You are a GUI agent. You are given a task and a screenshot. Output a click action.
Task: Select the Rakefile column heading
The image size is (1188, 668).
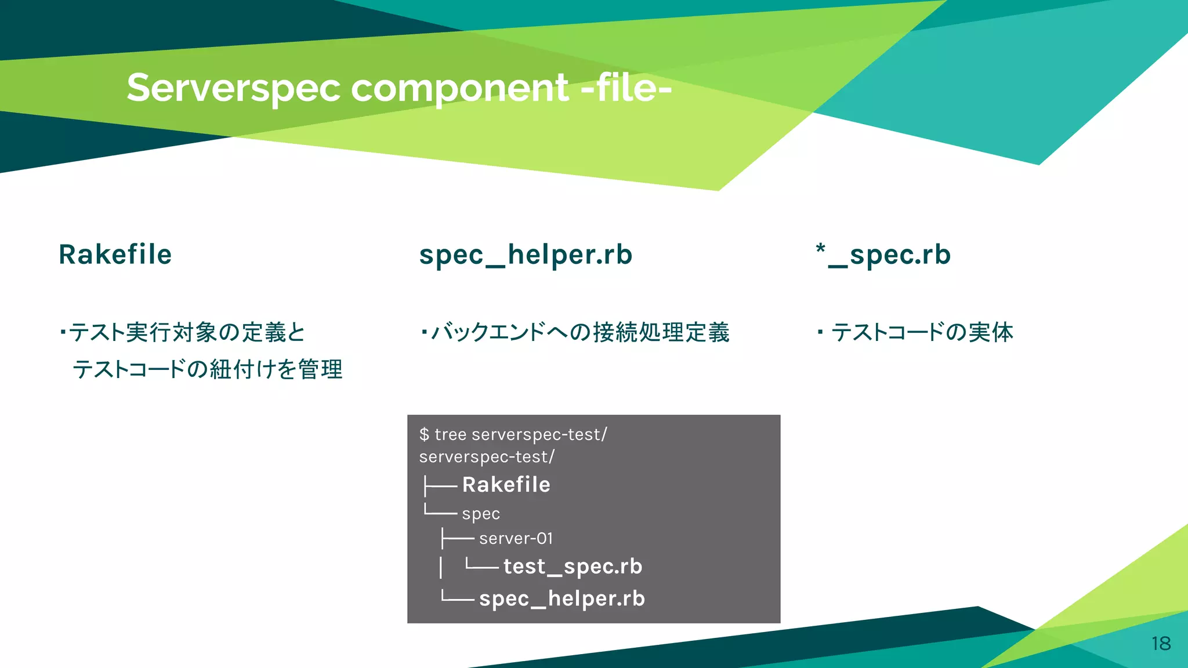click(x=115, y=255)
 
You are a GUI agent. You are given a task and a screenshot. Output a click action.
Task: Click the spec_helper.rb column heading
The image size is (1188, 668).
click(x=526, y=255)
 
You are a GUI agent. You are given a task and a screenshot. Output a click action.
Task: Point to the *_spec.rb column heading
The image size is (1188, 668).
click(x=883, y=255)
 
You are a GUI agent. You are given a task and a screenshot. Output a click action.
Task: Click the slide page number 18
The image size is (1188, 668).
click(x=1161, y=643)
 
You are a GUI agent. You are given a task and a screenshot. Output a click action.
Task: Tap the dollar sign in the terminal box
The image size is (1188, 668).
click(x=424, y=434)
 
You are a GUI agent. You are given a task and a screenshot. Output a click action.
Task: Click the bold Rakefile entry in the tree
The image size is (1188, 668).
click(x=506, y=484)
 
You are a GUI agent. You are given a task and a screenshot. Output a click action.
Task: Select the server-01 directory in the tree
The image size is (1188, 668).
click(x=516, y=538)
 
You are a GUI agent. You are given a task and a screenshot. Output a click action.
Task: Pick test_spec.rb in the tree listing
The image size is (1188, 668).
click(x=573, y=566)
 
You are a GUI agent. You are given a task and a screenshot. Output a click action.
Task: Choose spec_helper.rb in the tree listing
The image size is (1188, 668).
click(x=562, y=598)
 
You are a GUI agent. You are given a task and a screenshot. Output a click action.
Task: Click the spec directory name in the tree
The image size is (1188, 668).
click(x=481, y=514)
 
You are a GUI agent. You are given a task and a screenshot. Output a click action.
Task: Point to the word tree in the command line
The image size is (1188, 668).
click(x=450, y=434)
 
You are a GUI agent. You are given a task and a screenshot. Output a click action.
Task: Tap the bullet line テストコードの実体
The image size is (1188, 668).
click(x=922, y=332)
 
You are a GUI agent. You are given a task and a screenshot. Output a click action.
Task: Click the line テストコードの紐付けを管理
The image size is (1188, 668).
click(x=207, y=369)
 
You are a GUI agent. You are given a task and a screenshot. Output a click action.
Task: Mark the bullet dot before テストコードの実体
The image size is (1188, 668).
click(x=820, y=332)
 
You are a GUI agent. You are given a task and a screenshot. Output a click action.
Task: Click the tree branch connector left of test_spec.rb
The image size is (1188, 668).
click(x=481, y=566)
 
